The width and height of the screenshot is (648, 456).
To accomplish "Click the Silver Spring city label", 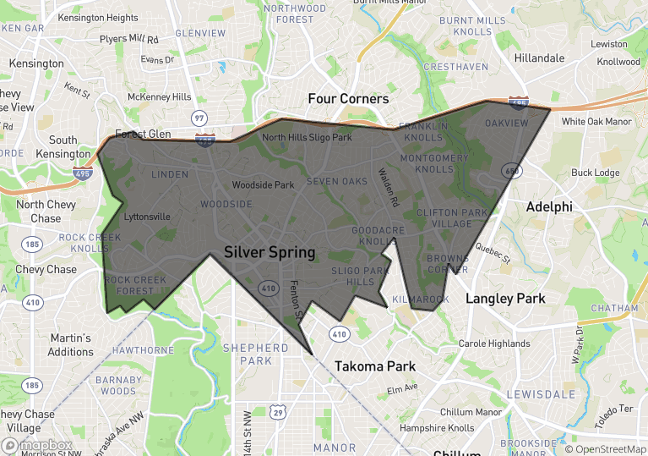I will pyautogui.click(x=270, y=252).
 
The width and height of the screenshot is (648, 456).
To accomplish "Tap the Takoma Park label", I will pyautogui.click(x=375, y=366).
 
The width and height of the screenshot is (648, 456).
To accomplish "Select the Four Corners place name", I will pyautogui.click(x=348, y=99).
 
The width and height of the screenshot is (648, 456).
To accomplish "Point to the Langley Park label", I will pyautogui.click(x=505, y=299).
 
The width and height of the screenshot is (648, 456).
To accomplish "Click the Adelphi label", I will pyautogui.click(x=549, y=206).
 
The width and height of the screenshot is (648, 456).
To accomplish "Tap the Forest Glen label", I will pyautogui.click(x=143, y=134).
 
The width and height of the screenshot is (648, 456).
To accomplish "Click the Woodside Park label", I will pyautogui.click(x=263, y=184).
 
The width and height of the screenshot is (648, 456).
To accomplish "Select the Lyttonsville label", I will pyautogui.click(x=147, y=217).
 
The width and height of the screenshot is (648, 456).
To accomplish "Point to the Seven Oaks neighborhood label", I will pyautogui.click(x=337, y=181).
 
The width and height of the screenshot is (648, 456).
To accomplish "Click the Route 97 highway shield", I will pyautogui.click(x=199, y=118).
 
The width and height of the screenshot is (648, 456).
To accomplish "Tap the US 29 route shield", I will pyautogui.click(x=277, y=412).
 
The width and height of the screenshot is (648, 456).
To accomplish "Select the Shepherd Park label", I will pyautogui.click(x=255, y=354).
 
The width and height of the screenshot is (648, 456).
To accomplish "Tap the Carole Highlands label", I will pyautogui.click(x=494, y=343).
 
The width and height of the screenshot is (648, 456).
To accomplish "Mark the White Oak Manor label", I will pyautogui.click(x=596, y=122).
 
